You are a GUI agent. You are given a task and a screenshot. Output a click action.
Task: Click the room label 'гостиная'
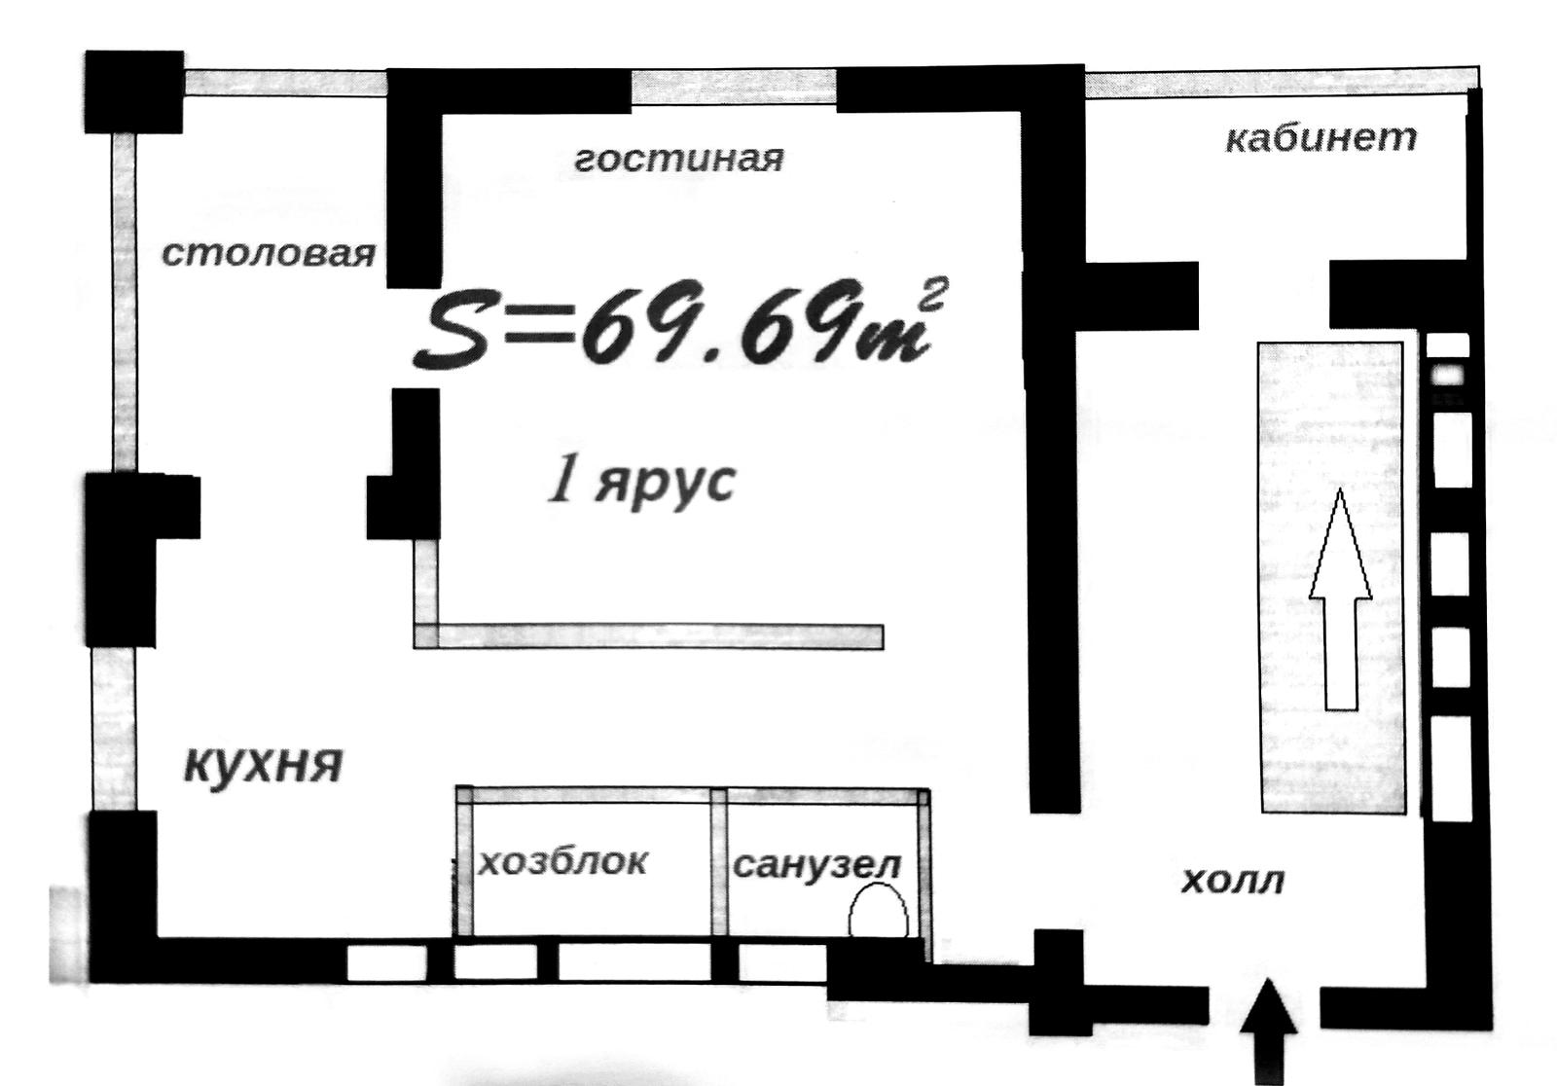coord(679,160)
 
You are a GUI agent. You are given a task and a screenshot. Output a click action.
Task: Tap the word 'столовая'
coord(269,254)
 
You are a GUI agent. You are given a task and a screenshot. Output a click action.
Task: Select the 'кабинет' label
coord(1321,137)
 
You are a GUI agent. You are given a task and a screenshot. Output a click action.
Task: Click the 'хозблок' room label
coord(563,862)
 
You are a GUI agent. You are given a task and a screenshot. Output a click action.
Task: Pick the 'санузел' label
coord(817,866)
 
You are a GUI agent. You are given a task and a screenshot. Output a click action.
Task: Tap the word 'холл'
coord(1232,881)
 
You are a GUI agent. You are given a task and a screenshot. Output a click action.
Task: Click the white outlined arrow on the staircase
coord(1341,599)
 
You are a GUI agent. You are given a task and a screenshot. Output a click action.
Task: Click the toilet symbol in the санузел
coord(878,910)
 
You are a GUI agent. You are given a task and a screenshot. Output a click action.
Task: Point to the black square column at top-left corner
coord(134,91)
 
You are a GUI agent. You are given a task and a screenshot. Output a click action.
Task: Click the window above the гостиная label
coord(734,87)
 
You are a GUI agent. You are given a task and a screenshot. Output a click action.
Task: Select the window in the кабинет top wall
coord(1282,82)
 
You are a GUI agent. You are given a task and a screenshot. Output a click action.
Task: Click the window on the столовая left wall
coord(124,304)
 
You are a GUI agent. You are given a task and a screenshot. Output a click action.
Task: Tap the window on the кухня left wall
coord(114,729)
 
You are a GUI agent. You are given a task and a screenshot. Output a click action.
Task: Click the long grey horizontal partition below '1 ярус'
coord(648,636)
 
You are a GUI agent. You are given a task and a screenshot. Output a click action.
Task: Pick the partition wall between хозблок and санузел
coord(719,862)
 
